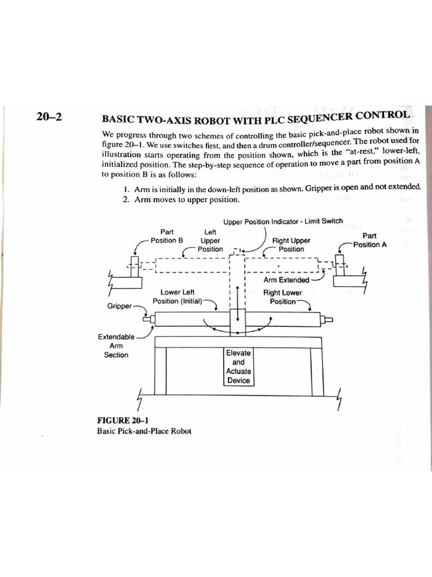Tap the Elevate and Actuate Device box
(238, 366)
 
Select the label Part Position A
(370, 240)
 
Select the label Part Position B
(166, 236)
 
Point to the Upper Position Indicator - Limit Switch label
(282, 221)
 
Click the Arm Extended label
(286, 280)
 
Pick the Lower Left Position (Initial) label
(177, 297)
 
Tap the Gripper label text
(119, 306)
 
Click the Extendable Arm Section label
(116, 345)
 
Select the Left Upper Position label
(210, 240)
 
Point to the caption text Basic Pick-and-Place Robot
(145, 431)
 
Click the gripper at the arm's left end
(148, 319)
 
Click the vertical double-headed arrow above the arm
(238, 303)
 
